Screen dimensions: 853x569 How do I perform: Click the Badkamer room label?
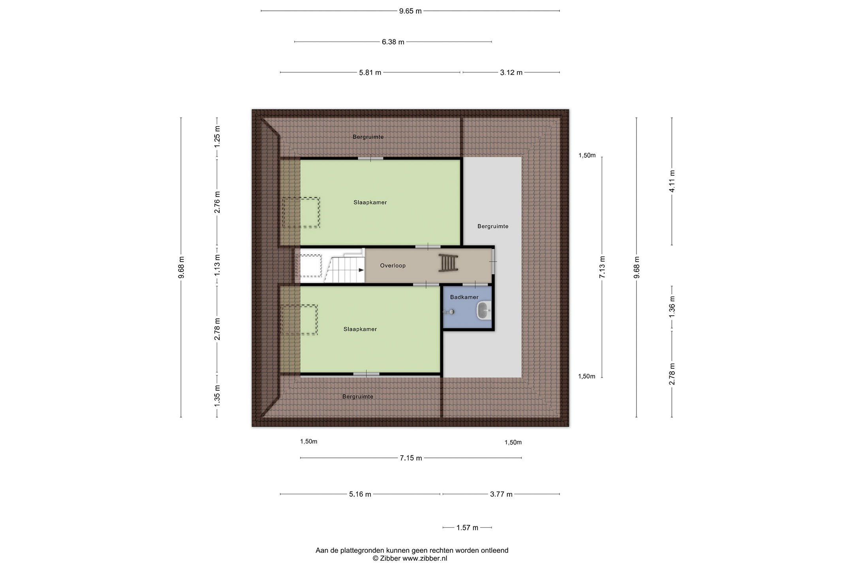464,297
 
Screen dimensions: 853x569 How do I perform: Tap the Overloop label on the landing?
393,266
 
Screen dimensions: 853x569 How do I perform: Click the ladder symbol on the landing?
448,263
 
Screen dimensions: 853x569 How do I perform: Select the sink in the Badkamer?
484,311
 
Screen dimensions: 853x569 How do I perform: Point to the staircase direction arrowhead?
361,270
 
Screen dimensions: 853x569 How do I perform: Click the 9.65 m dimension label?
410,11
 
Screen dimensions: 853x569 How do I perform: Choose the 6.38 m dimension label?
393,42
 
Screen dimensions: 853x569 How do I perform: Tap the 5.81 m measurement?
370,73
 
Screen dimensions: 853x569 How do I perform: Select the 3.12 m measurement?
511,73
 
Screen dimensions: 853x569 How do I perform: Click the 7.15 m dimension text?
411,458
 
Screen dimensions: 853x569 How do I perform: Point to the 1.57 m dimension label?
467,528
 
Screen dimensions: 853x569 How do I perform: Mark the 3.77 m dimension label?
501,494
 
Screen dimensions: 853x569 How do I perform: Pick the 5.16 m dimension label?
360,494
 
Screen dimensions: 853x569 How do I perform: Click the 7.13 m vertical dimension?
602,267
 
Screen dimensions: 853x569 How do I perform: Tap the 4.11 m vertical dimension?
672,181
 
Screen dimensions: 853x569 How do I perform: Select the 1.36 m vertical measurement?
672,307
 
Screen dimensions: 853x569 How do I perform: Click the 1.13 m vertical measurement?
217,266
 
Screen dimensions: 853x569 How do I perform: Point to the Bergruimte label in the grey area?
493,226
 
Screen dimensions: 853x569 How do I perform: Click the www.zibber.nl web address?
425,559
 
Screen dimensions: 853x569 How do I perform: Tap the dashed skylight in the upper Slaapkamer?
301,213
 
